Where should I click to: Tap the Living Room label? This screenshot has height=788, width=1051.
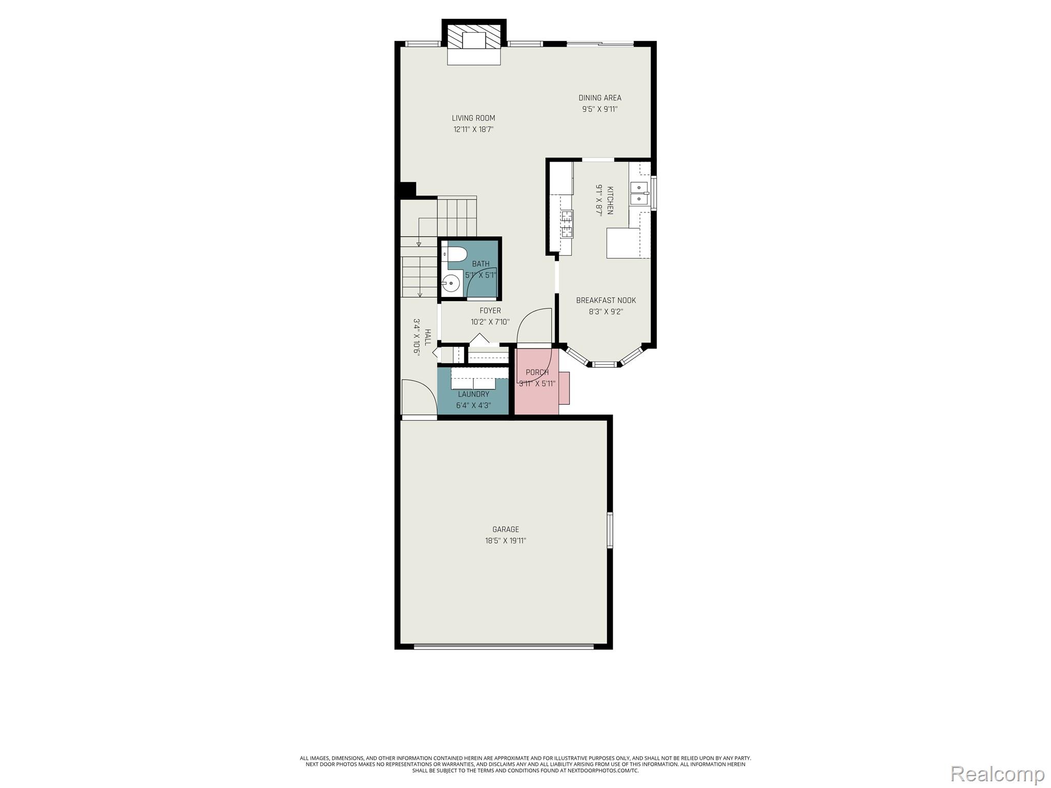(x=473, y=118)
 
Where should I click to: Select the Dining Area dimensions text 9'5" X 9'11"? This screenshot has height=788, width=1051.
(x=599, y=109)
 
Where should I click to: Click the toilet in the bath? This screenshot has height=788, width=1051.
(x=456, y=254)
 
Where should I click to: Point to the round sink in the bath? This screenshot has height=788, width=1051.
(x=451, y=282)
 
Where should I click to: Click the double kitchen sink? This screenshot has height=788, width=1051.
(x=639, y=193)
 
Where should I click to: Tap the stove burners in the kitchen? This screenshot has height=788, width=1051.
(x=566, y=225)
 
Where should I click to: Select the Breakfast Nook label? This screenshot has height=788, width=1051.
(x=606, y=300)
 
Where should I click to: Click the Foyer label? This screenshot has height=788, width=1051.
(x=490, y=310)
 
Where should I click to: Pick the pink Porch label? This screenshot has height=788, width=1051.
(x=537, y=372)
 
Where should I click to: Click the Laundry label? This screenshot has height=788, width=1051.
(x=473, y=394)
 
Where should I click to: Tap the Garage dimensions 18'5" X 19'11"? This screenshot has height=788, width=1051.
(x=505, y=540)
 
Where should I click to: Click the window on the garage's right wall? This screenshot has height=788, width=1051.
(x=610, y=530)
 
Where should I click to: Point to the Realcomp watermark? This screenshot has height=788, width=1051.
(x=997, y=773)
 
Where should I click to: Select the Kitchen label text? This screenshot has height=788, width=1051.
(x=610, y=201)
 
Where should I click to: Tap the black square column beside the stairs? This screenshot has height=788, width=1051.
(x=407, y=189)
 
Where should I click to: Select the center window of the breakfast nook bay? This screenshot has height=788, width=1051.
(x=604, y=364)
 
